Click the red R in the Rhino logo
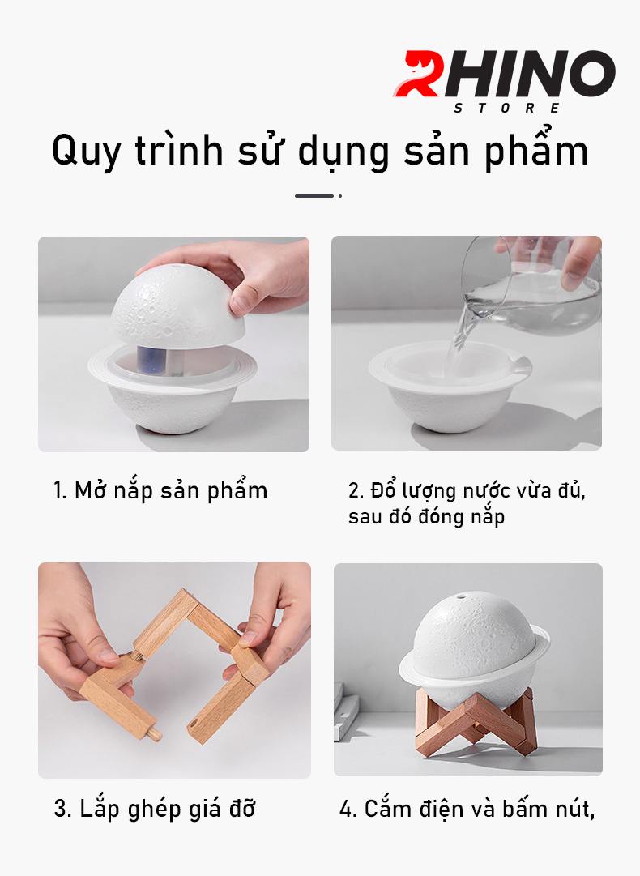[x=419, y=74]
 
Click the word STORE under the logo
[x=506, y=108]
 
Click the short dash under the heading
[x=314, y=196]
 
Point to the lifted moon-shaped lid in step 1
[x=177, y=304]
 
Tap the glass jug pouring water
[x=530, y=286]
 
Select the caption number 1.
[x=60, y=490]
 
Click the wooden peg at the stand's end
[x=154, y=733]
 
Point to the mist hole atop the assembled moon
[x=461, y=596]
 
